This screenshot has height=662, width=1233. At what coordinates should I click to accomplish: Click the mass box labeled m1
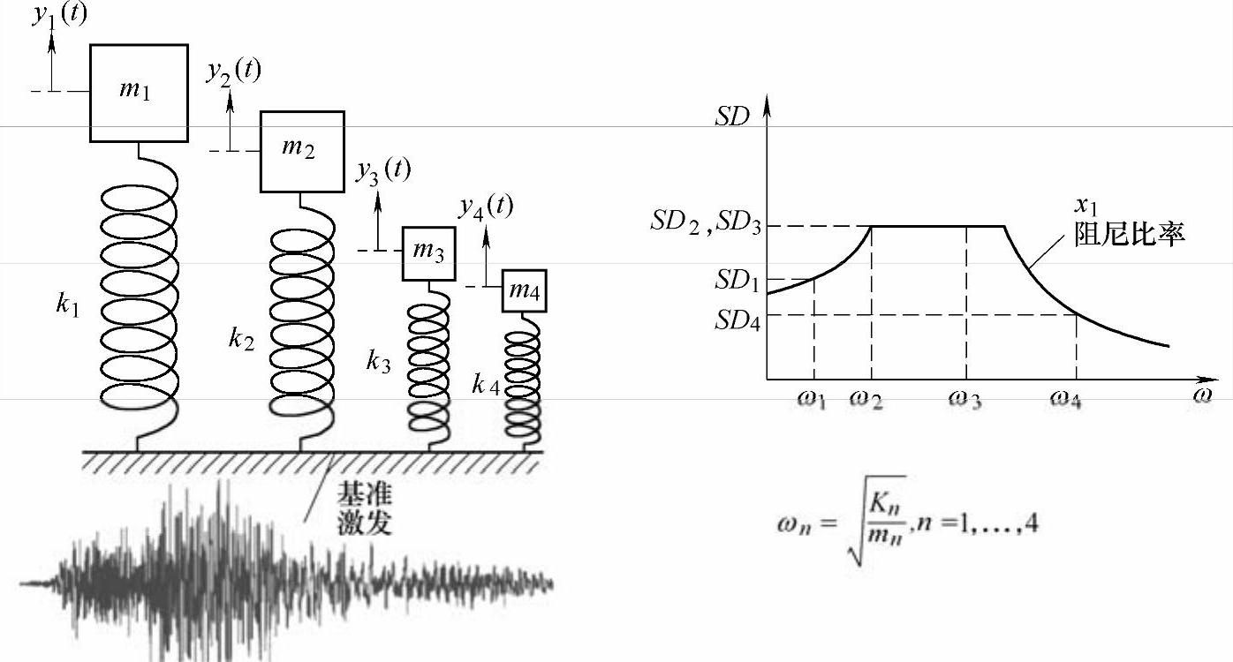139,93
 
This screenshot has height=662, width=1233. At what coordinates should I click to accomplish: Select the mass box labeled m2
301,151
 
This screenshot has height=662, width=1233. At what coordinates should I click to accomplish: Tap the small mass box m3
429,253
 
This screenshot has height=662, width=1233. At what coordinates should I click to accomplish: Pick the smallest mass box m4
525,291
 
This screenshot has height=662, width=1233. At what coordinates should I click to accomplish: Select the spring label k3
378,361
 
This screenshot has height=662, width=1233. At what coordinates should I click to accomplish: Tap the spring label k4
485,384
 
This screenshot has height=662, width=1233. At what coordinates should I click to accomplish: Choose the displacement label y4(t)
486,207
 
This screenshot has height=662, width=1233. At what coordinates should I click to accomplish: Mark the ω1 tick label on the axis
812,400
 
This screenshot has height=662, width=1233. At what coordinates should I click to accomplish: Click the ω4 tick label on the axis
1065,400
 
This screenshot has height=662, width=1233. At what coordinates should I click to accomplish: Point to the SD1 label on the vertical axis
737,282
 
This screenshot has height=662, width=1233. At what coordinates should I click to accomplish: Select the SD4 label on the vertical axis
737,319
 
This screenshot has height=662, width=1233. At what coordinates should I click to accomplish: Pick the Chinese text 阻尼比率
1128,234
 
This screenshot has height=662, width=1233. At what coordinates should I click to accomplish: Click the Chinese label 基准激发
363,510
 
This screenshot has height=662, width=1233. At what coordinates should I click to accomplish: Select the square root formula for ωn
907,523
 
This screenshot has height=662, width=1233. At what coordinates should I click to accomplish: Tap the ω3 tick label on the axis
965,400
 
